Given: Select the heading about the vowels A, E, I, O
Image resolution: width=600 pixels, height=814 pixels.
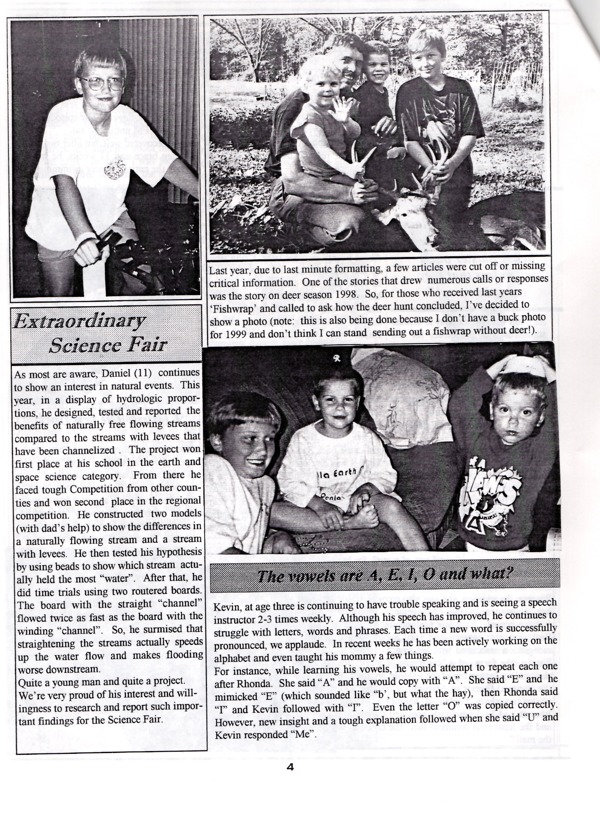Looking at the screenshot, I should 384,575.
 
